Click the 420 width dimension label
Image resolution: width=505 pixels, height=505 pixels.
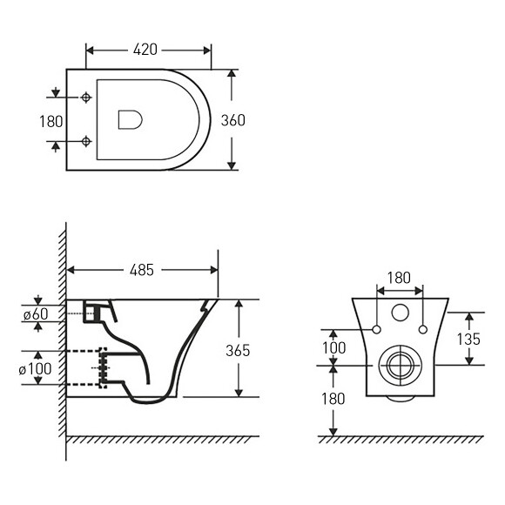(x=145, y=50)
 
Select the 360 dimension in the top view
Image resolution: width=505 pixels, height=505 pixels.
(x=232, y=120)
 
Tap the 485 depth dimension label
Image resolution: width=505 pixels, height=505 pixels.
(x=142, y=270)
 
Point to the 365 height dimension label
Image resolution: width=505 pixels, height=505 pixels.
(x=238, y=350)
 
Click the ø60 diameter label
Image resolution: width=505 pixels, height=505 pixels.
(x=36, y=314)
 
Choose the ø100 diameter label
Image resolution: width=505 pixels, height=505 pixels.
(x=35, y=369)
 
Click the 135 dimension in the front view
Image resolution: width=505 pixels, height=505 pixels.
(x=468, y=339)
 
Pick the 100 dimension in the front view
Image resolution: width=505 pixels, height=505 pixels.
(x=334, y=347)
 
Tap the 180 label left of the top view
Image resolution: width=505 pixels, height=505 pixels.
(x=50, y=122)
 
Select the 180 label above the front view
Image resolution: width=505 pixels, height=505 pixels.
(x=399, y=278)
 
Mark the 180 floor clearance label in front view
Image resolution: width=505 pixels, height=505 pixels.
(x=333, y=399)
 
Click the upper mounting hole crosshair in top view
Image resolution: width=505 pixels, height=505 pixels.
(x=86, y=98)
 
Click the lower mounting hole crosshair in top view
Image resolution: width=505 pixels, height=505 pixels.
(x=86, y=141)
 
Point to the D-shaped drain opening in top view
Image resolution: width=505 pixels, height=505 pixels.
(x=130, y=120)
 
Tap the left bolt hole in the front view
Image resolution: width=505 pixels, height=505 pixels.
(x=376, y=329)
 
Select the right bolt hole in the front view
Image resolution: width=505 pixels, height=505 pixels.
(x=423, y=329)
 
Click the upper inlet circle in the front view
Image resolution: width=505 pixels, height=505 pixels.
(x=400, y=313)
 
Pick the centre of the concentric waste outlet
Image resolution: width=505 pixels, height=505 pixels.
(x=401, y=366)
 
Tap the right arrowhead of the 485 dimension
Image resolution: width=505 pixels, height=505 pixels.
(x=214, y=270)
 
